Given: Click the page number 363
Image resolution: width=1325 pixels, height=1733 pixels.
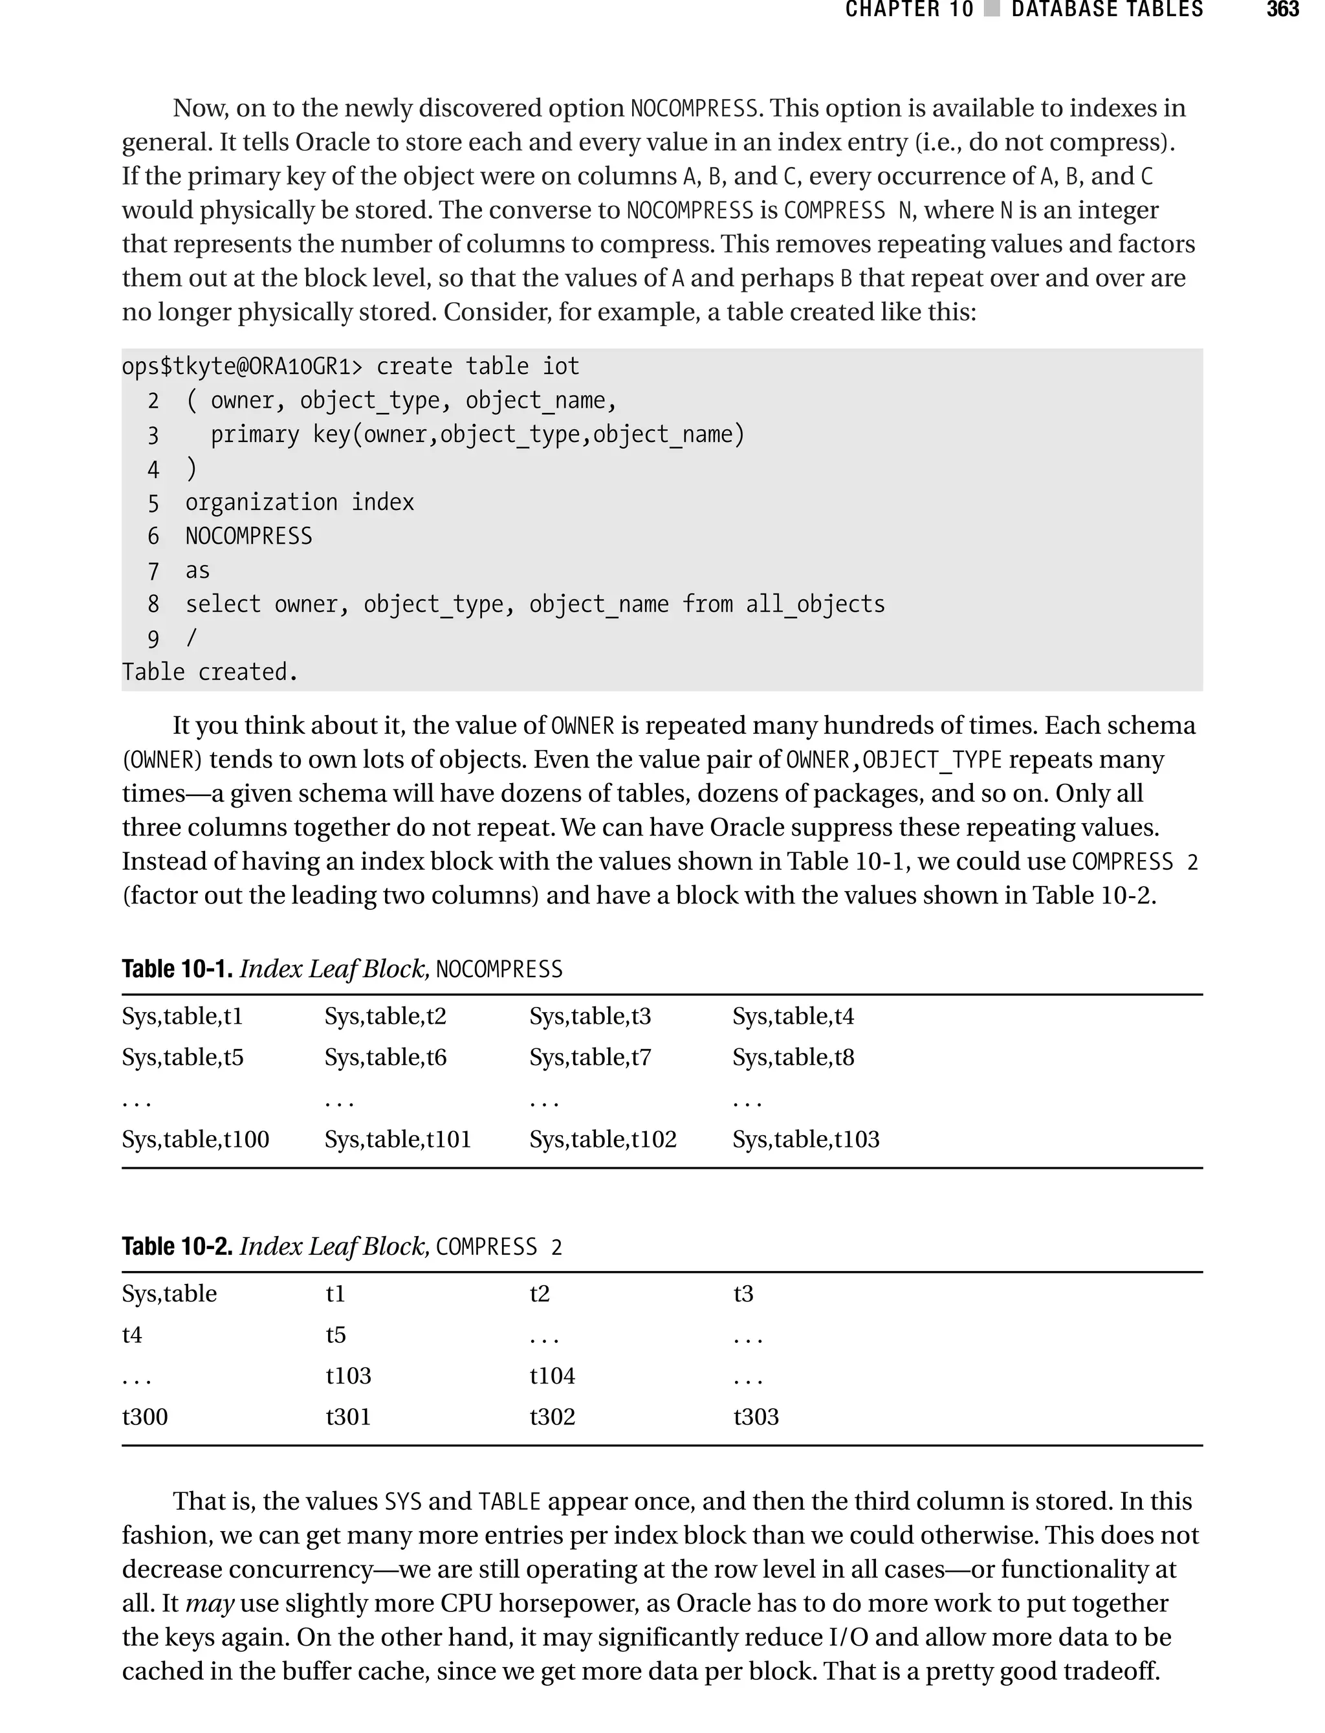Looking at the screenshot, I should [1282, 10].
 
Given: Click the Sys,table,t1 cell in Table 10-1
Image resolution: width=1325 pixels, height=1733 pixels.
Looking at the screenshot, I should [182, 1016].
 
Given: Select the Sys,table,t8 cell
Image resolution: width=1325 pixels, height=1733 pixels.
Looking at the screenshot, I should [793, 1057].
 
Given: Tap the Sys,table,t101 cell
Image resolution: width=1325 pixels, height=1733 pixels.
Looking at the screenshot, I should [397, 1139].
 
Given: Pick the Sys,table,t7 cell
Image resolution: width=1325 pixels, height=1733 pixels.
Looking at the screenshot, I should [590, 1057].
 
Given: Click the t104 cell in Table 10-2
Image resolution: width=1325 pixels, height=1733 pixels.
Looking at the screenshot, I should [552, 1376].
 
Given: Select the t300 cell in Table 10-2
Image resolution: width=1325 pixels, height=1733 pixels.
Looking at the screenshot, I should [145, 1417].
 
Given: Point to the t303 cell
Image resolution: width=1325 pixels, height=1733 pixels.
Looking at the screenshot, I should [756, 1417].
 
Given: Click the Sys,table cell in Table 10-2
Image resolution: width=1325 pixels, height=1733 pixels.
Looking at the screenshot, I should [170, 1294].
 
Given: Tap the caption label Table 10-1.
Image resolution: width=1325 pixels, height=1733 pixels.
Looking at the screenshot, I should [177, 969].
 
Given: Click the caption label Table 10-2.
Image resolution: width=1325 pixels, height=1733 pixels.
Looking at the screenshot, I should [177, 1246].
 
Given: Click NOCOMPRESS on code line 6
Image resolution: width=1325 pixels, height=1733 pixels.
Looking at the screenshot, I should [248, 536].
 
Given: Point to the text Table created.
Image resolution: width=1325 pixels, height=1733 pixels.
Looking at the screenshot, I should [210, 672].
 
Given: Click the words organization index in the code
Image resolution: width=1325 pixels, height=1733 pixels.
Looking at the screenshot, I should [300, 502].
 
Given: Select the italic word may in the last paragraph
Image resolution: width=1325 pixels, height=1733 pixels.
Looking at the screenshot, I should [210, 1603].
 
